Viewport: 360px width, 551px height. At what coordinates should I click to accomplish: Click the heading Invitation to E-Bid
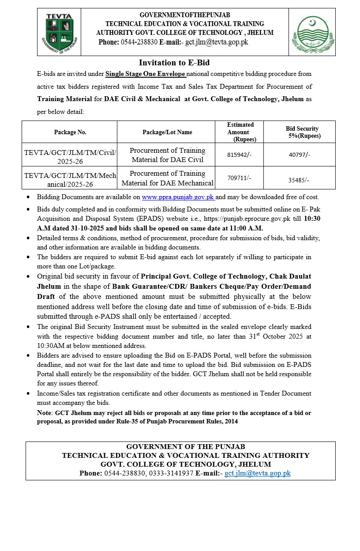click(x=174, y=63)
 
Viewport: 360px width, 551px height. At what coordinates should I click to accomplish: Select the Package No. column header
click(x=70, y=132)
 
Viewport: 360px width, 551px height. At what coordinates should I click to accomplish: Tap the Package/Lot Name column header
click(x=167, y=132)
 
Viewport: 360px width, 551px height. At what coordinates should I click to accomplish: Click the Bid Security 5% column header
click(x=302, y=132)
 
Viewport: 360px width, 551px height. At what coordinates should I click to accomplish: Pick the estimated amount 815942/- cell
click(x=240, y=155)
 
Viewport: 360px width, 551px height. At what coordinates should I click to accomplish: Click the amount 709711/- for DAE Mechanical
click(x=240, y=178)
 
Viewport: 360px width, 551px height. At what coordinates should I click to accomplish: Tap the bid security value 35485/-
click(x=299, y=180)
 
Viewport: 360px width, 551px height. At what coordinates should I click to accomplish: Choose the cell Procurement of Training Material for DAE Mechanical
click(x=167, y=178)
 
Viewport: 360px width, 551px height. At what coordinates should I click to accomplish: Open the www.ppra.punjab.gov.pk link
click(x=178, y=197)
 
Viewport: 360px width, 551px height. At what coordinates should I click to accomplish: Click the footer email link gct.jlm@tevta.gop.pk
click(x=258, y=473)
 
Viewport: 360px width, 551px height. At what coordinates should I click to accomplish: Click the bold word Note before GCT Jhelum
click(x=45, y=413)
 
